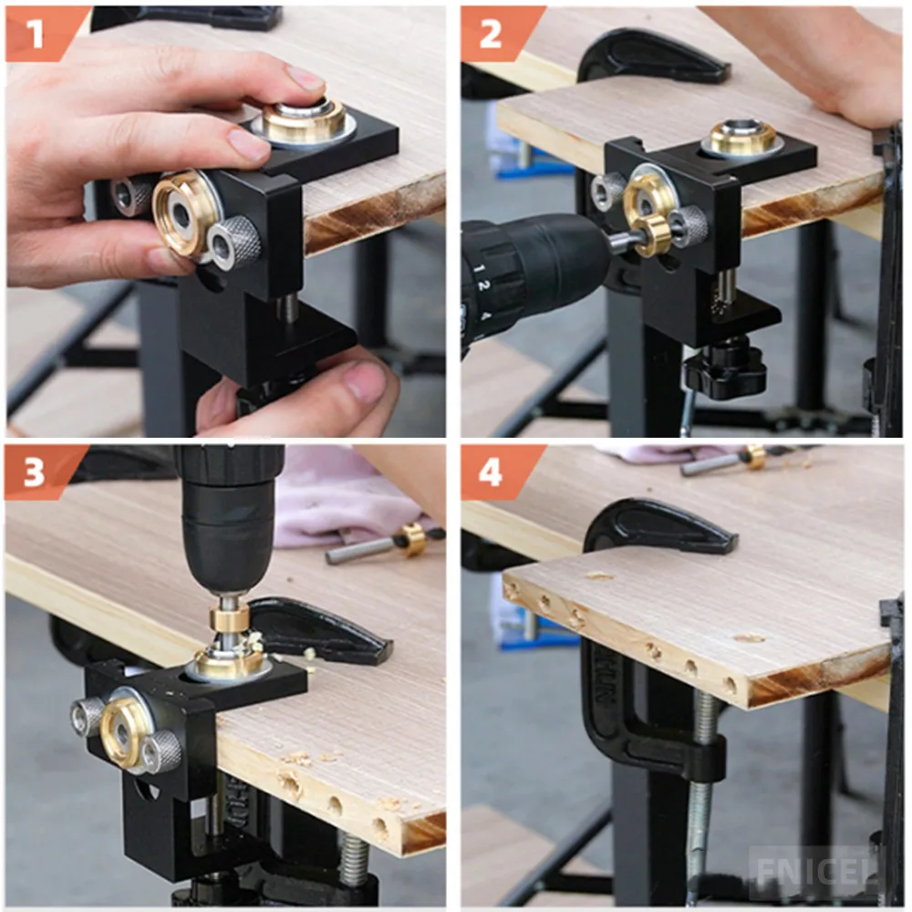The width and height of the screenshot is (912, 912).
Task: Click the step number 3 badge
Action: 35,472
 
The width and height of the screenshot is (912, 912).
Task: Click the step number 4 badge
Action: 490,472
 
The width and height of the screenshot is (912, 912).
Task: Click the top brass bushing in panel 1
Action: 304,120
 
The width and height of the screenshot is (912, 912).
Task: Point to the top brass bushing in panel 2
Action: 742,136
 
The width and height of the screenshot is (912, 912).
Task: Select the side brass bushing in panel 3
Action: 124,729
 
